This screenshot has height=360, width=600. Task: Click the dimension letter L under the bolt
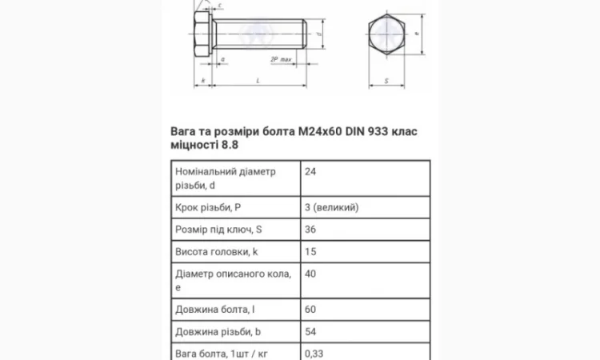click(258, 81)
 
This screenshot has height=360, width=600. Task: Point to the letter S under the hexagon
click(386, 81)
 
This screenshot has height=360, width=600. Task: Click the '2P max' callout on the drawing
click(280, 59)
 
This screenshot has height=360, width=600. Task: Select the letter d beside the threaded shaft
click(320, 35)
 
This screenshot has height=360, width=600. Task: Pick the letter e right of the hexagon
click(418, 32)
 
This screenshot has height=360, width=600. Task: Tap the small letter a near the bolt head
click(222, 59)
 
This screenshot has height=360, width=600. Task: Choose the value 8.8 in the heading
click(230, 146)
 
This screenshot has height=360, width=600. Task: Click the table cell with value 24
click(311, 171)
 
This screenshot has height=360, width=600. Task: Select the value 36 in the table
click(311, 230)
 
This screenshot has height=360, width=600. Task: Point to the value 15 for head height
click(311, 252)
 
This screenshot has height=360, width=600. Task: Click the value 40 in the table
click(311, 274)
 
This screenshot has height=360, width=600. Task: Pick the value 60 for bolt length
click(311, 309)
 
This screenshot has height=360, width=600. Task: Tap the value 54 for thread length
click(311, 331)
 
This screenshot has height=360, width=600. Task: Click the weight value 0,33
click(315, 352)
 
